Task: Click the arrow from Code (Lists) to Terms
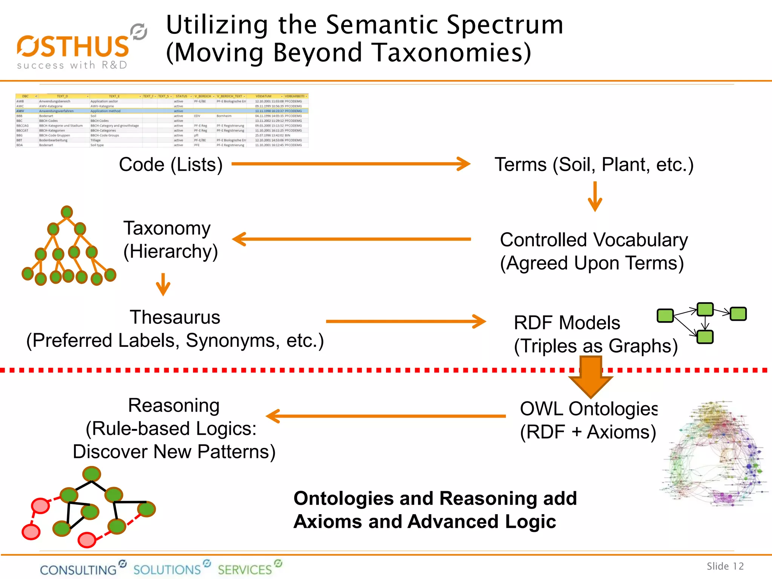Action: (x=351, y=164)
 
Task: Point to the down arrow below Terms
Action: (x=595, y=197)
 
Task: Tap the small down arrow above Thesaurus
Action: (x=163, y=284)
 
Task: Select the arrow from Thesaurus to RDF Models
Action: (x=406, y=322)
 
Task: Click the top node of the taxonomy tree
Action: (x=67, y=212)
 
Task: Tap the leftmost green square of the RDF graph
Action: (x=665, y=316)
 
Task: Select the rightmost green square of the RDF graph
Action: (x=738, y=314)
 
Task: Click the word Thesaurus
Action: (x=175, y=317)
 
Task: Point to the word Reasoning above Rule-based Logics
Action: (x=174, y=406)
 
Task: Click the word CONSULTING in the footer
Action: (x=78, y=570)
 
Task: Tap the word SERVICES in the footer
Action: (x=245, y=570)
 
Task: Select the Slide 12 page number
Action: (x=725, y=566)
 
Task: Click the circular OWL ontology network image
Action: (x=714, y=454)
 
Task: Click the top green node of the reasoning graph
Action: (x=92, y=474)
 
